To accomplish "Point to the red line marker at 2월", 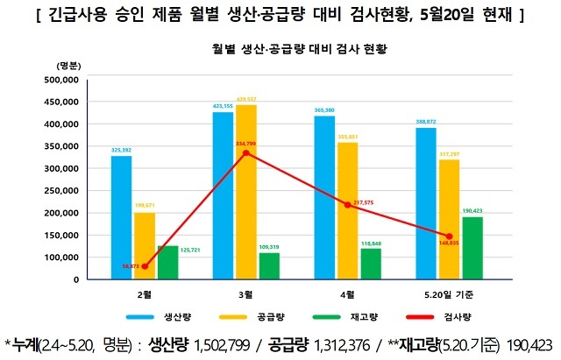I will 144,265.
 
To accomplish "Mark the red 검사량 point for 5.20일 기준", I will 450,237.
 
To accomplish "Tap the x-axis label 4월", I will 348,293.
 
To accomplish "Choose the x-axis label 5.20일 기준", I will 450,293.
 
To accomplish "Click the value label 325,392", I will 121,150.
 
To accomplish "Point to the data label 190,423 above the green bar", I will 473,210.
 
